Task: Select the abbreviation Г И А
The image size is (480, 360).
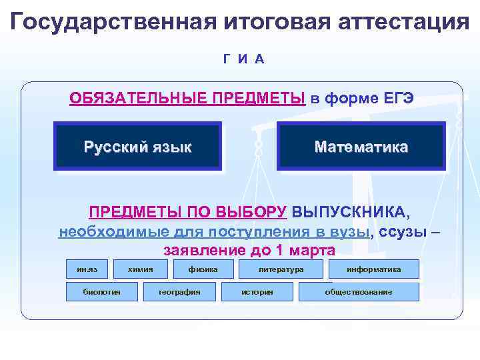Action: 244,59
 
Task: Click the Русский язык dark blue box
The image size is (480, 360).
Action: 137,147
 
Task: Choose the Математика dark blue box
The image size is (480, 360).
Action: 361,146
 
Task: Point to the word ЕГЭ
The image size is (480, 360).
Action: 399,99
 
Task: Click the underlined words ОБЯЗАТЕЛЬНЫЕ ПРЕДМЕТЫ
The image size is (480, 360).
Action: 187,99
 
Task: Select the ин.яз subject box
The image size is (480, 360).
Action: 87,269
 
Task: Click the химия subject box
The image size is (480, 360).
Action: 141,269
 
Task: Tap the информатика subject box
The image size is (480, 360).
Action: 373,269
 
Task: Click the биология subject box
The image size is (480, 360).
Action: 101,292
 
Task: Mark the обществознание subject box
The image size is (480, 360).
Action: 359,292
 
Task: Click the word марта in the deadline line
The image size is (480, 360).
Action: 313,251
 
